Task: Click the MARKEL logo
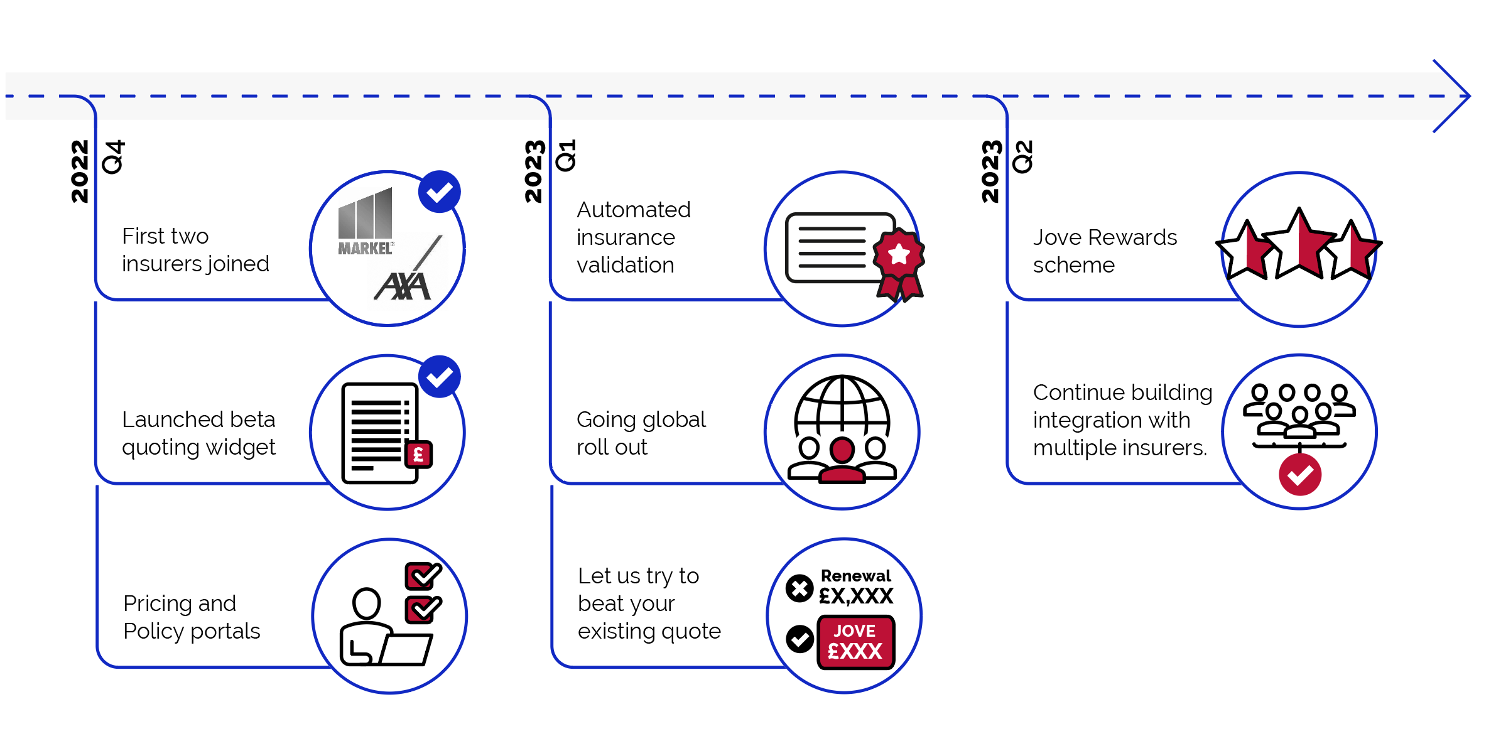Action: pos(366,222)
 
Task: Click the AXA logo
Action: pos(403,286)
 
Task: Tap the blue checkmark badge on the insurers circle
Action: pos(440,192)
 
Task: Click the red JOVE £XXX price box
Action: pos(855,642)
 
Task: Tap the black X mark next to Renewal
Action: pos(799,588)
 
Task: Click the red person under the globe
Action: pos(842,462)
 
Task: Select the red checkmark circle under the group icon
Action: pos(1299,475)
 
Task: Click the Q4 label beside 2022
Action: pos(114,157)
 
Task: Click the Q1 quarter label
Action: pos(566,156)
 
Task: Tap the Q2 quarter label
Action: pos(1022,157)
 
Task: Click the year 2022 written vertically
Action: pos(80,171)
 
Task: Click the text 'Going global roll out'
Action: pos(641,433)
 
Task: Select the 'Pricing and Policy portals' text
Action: pos(191,617)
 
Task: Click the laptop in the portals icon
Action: pos(405,649)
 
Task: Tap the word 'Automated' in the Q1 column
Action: pos(633,210)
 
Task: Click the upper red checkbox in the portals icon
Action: pos(422,575)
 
